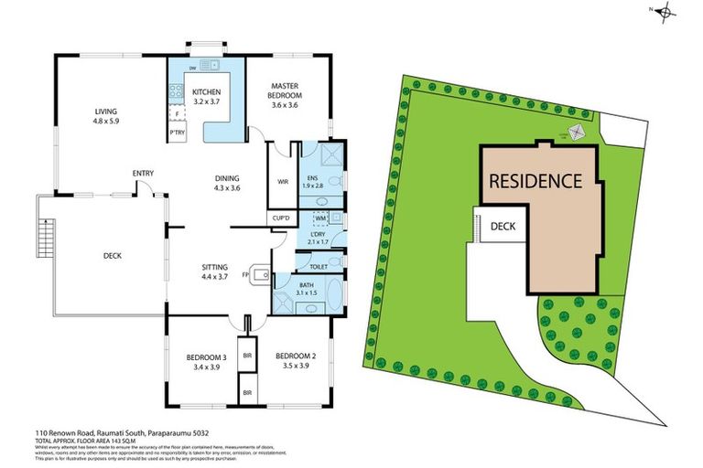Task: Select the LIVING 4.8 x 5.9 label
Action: click(105, 115)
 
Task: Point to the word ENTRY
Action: click(143, 173)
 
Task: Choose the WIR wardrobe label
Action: click(283, 181)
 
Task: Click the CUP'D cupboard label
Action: click(282, 218)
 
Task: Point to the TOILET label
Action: click(319, 266)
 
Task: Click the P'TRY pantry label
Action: click(177, 134)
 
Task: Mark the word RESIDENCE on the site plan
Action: click(535, 180)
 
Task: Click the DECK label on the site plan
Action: click(503, 226)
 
